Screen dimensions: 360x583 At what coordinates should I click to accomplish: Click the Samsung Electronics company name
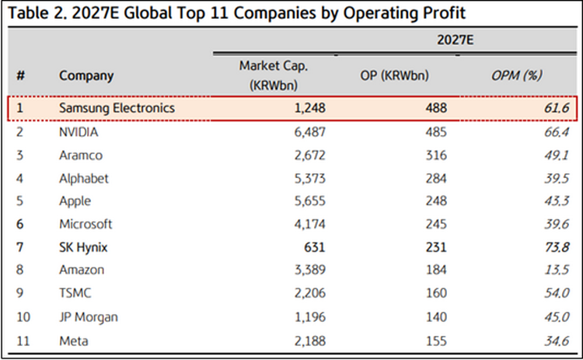coord(117,109)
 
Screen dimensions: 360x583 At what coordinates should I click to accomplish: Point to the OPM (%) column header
coord(516,75)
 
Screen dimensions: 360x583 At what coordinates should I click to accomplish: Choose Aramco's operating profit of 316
coord(437,155)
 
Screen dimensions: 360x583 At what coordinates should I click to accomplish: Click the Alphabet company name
coord(84,178)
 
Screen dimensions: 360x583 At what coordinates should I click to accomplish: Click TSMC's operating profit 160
coord(437,294)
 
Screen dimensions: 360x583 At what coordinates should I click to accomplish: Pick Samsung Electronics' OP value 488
coord(437,109)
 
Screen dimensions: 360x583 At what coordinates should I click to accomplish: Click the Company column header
coord(86,75)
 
